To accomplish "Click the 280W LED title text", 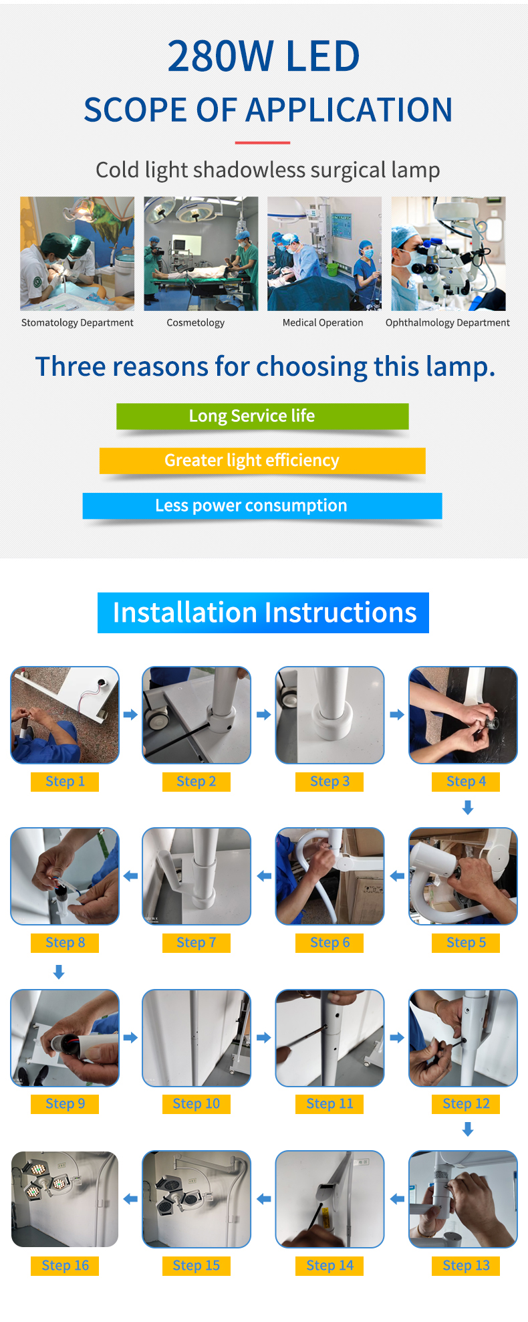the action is pos(263,56).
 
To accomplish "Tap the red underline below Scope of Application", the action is pos(263,142).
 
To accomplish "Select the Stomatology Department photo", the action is pos(77,253).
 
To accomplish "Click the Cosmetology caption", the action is pos(196,323).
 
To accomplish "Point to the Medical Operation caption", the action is pos(323,323).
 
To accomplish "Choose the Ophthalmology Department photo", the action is pos(448,253).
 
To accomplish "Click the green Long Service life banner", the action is pos(263,416).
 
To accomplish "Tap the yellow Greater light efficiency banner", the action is pos(263,461).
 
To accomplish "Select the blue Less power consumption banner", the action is pos(263,506).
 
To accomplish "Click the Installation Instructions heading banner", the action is pos(263,613).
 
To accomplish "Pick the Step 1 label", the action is pos(65,782).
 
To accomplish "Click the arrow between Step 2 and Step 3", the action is pos(264,715).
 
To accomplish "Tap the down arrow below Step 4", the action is pos(468,808).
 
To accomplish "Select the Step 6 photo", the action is pos(330,876).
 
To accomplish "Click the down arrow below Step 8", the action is pos(59,972).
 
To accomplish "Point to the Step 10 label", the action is pos(196,1104).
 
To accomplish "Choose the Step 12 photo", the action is pos(463,1038).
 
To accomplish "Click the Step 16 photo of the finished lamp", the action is pos(65,1199).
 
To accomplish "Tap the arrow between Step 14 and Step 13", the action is pos(398,1199).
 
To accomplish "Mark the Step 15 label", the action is pos(196,1266).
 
